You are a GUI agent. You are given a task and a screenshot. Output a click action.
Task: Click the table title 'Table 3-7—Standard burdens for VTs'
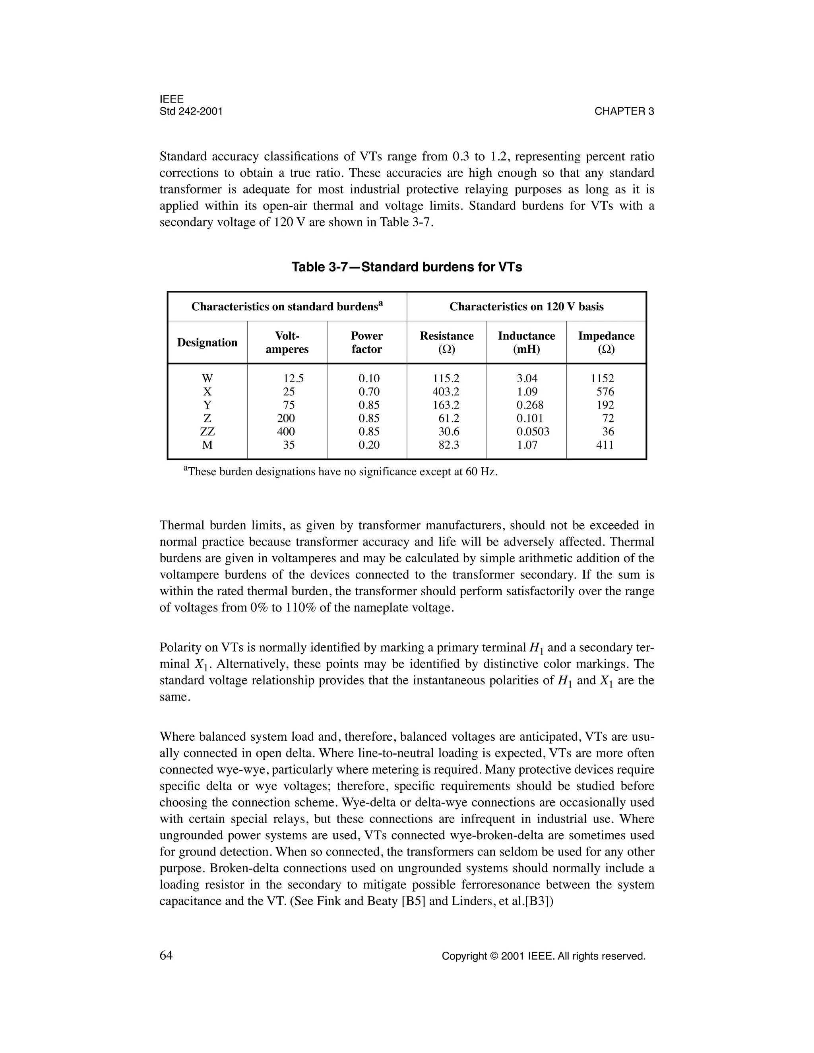[x=407, y=267]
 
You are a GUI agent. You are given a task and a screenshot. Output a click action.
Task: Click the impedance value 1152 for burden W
[x=603, y=378]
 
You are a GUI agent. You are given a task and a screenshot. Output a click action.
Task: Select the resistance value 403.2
[x=446, y=391]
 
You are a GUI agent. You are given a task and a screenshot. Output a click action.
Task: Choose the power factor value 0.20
[x=369, y=445]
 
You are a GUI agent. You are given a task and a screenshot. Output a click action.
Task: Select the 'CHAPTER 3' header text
[x=624, y=111]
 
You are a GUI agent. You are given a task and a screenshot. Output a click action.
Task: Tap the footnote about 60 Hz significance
[x=341, y=472]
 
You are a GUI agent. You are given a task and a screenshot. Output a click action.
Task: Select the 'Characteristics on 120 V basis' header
[x=526, y=307]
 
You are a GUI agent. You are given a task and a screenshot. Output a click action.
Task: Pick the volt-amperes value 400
[x=286, y=432]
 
